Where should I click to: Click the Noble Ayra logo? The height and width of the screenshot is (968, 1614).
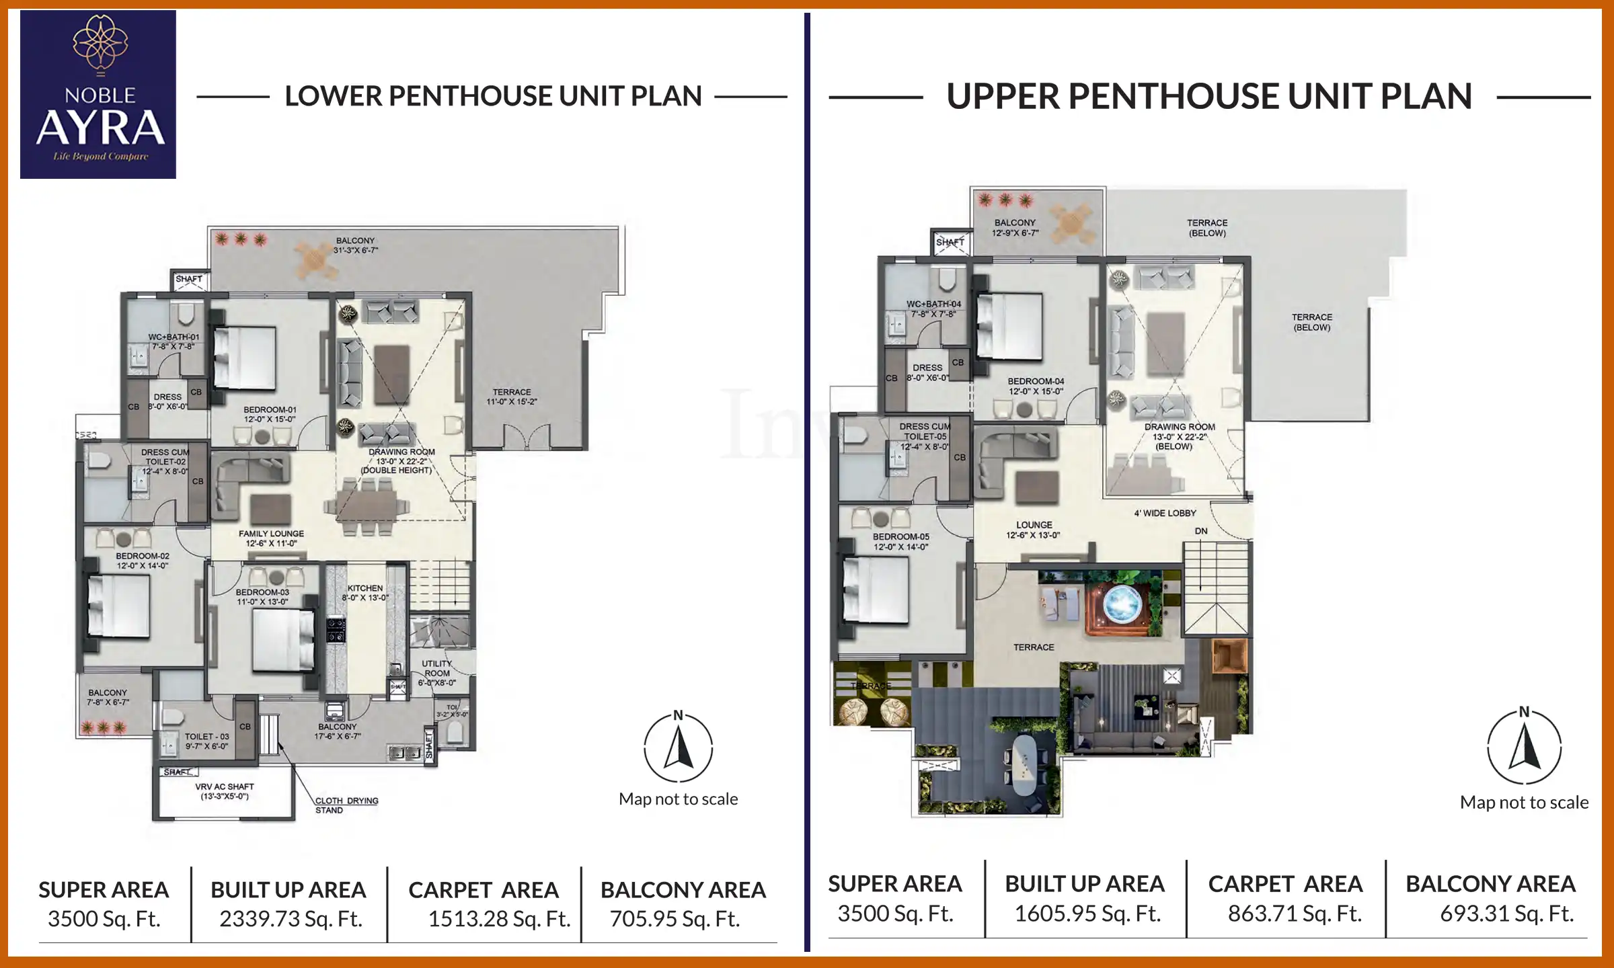pos(98,94)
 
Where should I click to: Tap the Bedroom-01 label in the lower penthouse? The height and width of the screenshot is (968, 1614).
pos(270,413)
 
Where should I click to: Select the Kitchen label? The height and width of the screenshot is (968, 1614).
pos(365,592)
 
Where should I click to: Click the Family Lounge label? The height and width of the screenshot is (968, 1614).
pos(271,538)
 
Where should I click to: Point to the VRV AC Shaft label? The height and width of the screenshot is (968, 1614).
pos(225,791)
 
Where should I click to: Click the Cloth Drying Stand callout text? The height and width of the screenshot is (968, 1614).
pos(346,805)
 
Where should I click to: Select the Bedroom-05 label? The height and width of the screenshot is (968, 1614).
pos(900,541)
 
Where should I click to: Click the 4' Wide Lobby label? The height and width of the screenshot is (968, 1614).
pos(1165,513)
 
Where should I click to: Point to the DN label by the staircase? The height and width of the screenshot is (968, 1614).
pos(1201,531)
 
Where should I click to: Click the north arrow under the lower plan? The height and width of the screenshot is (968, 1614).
pos(678,748)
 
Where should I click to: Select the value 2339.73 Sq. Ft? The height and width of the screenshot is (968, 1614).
pos(291,918)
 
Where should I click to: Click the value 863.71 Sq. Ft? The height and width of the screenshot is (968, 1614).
pos(1295,914)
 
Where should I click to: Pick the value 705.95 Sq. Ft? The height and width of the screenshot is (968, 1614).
pos(675,918)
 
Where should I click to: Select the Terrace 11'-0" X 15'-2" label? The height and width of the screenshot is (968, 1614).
pos(512,397)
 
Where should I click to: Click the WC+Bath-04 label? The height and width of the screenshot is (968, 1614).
pos(933,309)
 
